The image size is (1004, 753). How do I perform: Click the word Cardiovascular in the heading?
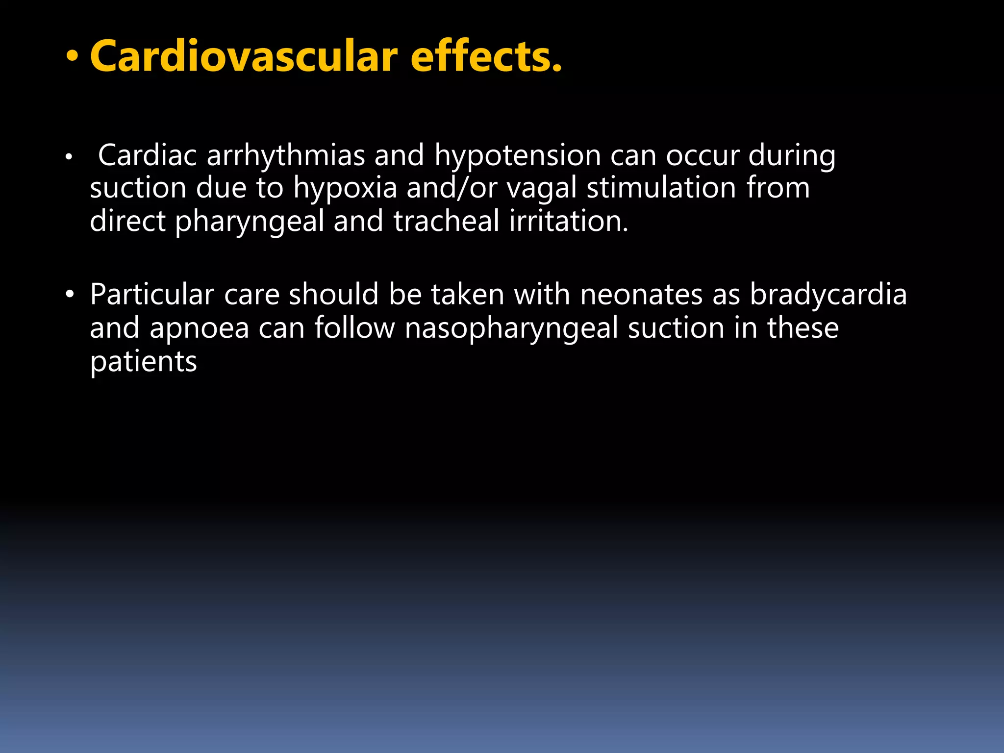[244, 56]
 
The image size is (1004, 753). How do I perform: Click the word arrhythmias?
[286, 156]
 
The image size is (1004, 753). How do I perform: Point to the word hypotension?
[518, 156]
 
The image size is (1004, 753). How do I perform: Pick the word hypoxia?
[345, 188]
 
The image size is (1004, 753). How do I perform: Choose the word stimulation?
[661, 188]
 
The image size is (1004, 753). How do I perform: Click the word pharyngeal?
[250, 222]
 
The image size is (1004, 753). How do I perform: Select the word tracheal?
[446, 221]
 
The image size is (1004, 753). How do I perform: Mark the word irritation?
[569, 221]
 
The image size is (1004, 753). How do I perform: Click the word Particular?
[152, 295]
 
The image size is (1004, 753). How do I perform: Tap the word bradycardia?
[828, 295]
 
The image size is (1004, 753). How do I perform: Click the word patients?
[143, 362]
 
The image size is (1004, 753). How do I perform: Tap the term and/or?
[452, 188]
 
